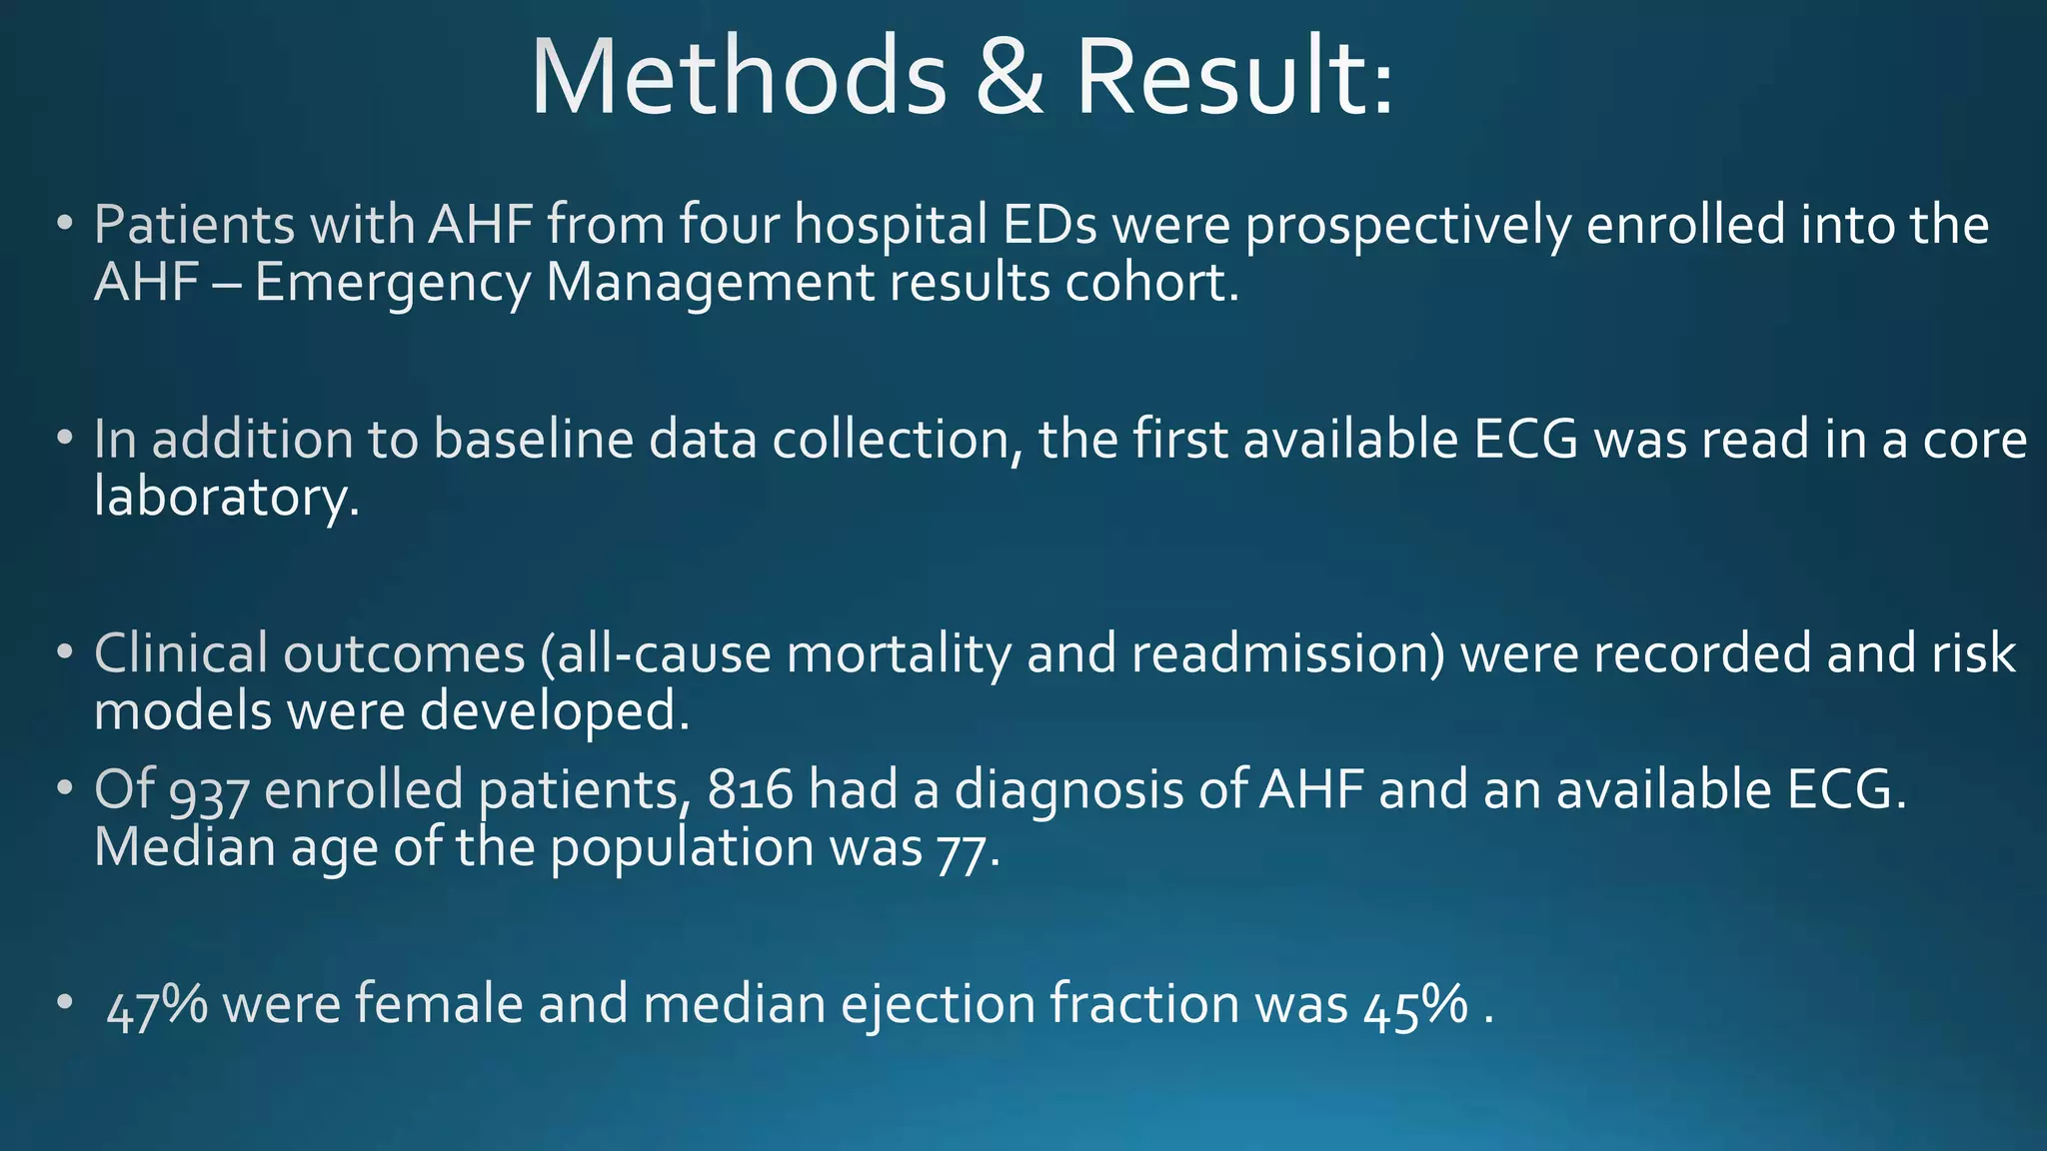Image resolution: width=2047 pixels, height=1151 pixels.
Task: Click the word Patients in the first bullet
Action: tap(194, 224)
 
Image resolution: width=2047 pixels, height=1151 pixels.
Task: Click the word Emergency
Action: tap(392, 284)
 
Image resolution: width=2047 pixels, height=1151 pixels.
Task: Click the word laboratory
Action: tap(226, 497)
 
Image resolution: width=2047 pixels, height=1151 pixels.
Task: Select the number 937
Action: tap(209, 792)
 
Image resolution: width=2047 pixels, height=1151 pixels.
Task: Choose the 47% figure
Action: tap(156, 1005)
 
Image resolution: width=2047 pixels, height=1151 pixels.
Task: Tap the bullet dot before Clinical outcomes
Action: tap(65, 653)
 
